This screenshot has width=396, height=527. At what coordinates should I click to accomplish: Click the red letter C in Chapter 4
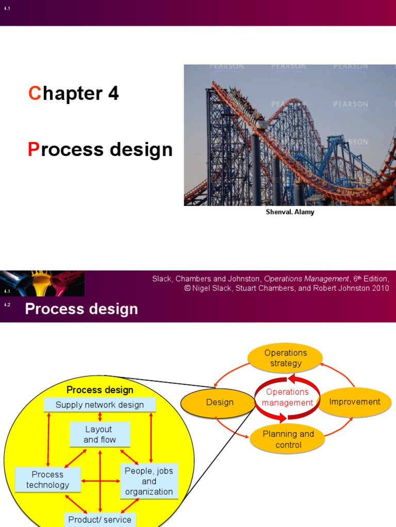tap(34, 93)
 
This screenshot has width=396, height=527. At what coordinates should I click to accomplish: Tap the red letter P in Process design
tap(34, 149)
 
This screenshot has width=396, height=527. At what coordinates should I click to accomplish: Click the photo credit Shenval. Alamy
tap(290, 212)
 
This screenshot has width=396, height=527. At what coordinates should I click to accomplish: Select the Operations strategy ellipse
tap(285, 358)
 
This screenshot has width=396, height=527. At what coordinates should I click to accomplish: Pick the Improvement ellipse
tap(355, 402)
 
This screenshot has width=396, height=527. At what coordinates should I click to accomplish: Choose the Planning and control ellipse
tap(288, 439)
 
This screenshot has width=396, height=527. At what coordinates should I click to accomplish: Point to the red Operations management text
tap(287, 397)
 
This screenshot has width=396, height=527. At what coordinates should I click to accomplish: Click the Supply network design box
tap(100, 405)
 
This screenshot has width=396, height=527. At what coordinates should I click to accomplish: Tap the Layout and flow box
tap(100, 434)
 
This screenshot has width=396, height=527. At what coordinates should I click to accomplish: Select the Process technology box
tap(47, 480)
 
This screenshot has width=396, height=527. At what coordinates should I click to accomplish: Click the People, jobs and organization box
tap(149, 481)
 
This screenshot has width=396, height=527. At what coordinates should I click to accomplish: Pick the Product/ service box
tap(100, 519)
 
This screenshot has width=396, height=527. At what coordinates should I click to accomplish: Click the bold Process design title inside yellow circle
tap(100, 390)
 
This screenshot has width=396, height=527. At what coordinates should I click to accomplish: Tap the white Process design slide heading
tap(81, 309)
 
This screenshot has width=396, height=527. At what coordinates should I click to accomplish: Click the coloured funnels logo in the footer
tap(42, 283)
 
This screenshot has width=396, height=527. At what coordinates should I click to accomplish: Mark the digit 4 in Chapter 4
tap(113, 93)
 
